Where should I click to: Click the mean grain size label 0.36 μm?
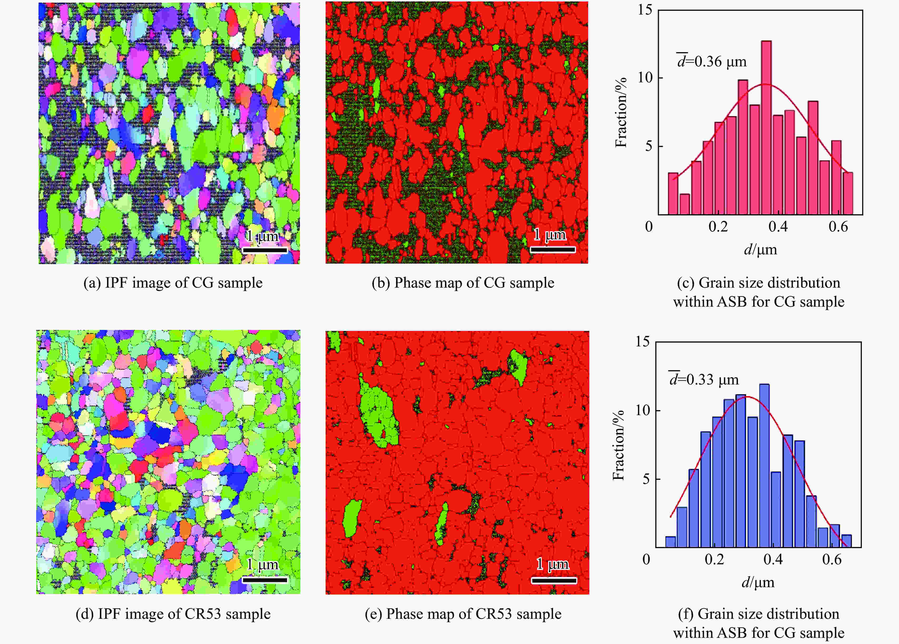click(712, 61)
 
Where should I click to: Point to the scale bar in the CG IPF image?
click(265, 250)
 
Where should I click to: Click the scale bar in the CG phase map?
click(552, 249)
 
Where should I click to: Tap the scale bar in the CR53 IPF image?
click(265, 580)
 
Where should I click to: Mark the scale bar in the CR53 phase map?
click(554, 580)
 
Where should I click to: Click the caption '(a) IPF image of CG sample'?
click(173, 283)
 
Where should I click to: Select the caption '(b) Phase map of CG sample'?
click(463, 283)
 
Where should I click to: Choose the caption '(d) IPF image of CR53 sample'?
click(173, 614)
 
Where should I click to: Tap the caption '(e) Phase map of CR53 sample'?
click(463, 614)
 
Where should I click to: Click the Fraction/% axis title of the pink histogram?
click(621, 112)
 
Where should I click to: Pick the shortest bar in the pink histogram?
click(684, 204)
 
